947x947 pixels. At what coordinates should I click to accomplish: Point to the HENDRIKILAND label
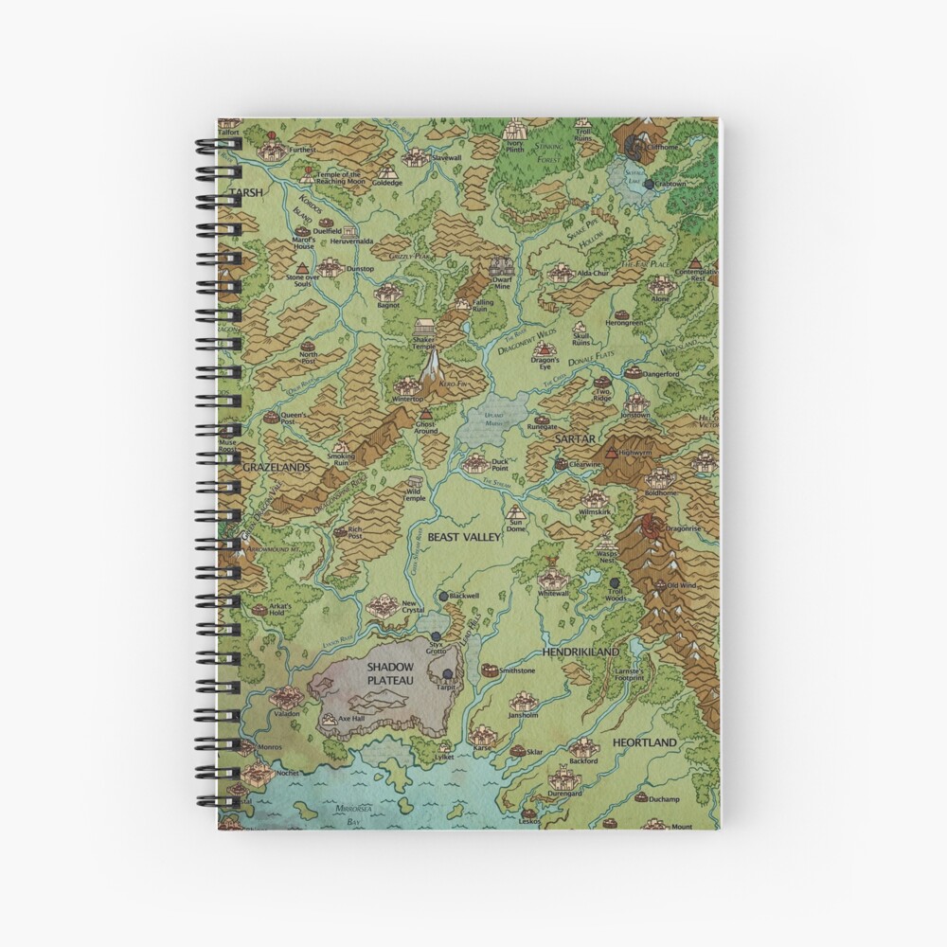coord(581,652)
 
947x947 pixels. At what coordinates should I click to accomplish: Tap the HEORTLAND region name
coord(645,742)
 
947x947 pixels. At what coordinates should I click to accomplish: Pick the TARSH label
coord(243,191)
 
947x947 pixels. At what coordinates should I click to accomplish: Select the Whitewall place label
coord(553,593)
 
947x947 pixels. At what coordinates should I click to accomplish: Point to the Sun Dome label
coord(516,525)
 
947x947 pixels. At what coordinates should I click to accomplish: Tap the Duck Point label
coord(500,464)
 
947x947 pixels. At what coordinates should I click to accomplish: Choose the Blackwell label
coord(465,596)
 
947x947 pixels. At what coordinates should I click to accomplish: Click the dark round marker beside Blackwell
coord(443,595)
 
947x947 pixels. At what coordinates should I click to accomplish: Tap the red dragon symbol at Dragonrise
coord(651,525)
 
